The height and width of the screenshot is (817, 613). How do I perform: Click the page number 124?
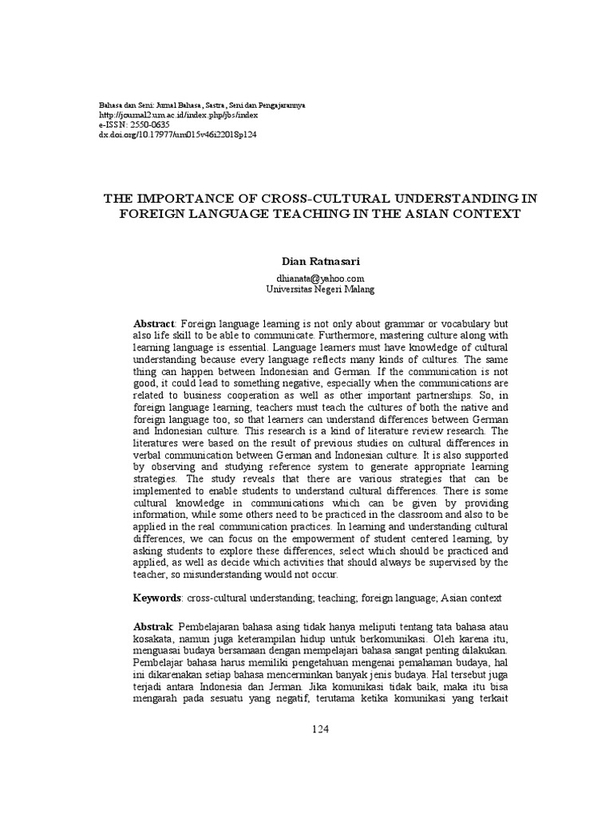point(319,729)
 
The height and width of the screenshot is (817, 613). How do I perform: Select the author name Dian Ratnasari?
point(319,261)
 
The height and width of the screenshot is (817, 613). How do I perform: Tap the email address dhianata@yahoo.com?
point(319,278)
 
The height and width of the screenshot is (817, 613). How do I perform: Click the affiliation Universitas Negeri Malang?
point(319,289)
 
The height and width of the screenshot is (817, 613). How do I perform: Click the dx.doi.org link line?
point(165,136)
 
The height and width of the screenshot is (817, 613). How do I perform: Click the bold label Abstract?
point(153,323)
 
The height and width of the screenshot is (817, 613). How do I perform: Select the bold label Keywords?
point(157,598)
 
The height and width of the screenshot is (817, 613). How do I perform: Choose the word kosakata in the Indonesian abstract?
point(152,640)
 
